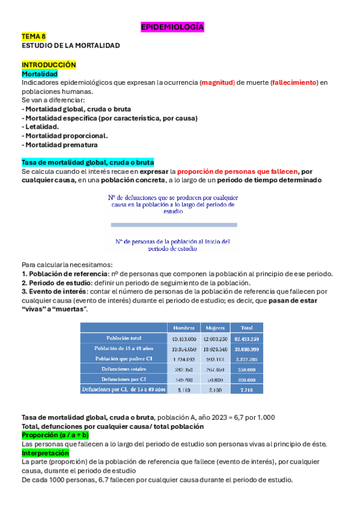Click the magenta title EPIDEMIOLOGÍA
coord(172,27)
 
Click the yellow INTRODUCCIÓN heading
coord(49,64)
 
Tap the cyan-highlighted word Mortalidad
coord(40,73)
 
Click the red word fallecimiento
coord(294,82)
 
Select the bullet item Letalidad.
coord(41,127)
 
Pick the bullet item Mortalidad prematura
coord(60,145)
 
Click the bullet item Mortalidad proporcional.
coord(65,136)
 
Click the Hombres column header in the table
coord(183,328)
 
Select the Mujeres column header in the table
coord(215,328)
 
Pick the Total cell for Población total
coord(246,338)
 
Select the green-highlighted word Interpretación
coord(45,453)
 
